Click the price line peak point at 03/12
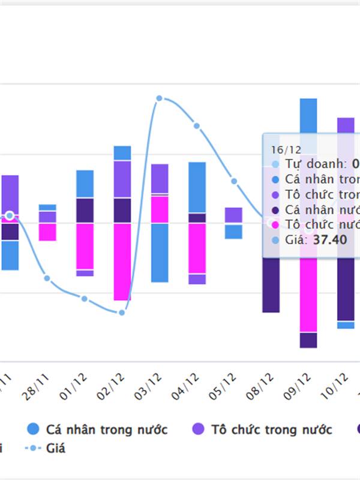pos(159,98)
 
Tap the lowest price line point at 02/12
pos(122,312)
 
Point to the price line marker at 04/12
pos(197,126)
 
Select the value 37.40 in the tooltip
pos(330,239)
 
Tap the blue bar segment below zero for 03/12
pos(160,252)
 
